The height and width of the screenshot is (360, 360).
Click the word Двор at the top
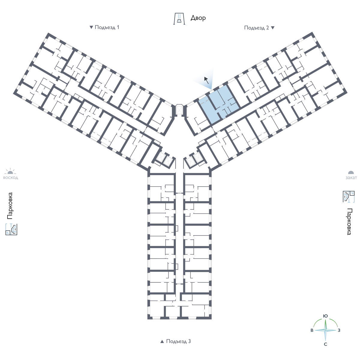coord(198,18)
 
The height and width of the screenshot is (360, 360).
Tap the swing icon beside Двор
coord(179,19)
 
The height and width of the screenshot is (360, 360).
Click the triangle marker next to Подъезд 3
coord(162,341)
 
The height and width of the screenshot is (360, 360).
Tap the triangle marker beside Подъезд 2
coord(273,28)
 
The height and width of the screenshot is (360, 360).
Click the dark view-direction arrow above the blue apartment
coord(206,80)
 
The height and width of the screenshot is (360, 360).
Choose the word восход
coord(10,178)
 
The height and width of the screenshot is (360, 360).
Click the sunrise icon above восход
coord(10,171)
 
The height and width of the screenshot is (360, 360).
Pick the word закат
coord(351,178)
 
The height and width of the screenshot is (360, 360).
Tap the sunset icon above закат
coord(351,172)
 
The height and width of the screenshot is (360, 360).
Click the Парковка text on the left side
coord(10,206)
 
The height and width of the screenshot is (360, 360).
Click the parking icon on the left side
coord(11,229)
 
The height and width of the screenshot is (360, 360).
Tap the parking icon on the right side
coord(349,196)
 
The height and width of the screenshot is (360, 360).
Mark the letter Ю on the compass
coord(325,316)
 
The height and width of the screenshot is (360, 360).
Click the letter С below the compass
coord(325,344)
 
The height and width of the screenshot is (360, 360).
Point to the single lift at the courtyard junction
coord(179,110)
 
